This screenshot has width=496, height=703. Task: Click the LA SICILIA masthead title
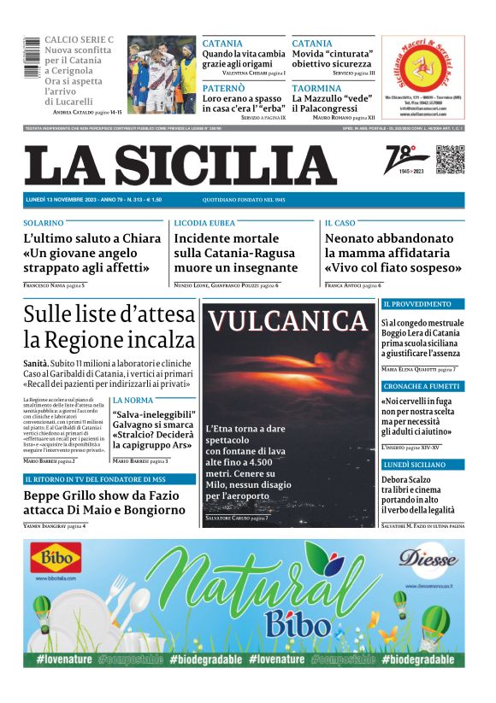click(x=180, y=165)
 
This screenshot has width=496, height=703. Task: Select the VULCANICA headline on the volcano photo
click(x=288, y=321)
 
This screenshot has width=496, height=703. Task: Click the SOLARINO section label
click(x=44, y=222)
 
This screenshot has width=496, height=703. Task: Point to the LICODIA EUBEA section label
click(x=204, y=222)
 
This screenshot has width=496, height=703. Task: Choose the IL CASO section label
click(x=340, y=222)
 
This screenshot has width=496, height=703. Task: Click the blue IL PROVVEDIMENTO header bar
click(x=422, y=304)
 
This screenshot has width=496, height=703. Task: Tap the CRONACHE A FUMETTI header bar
click(x=422, y=386)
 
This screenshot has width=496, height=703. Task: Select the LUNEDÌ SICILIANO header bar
click(x=422, y=465)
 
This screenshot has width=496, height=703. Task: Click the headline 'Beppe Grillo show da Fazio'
click(x=103, y=495)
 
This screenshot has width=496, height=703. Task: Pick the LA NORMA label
click(x=133, y=400)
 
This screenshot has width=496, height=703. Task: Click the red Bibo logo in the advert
click(x=56, y=560)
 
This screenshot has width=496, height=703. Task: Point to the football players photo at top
click(x=162, y=74)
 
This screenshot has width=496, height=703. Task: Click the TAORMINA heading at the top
click(x=316, y=88)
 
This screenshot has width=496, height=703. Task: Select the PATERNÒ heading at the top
click(x=223, y=88)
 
